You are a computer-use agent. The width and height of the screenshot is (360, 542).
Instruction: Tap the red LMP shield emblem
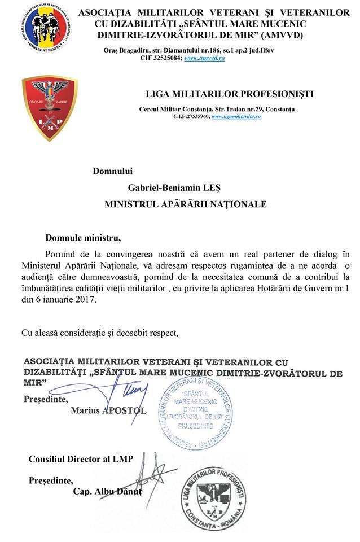49,108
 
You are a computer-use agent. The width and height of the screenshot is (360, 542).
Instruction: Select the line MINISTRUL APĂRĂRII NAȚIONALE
185,203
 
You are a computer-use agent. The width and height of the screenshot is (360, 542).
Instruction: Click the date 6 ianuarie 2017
65,300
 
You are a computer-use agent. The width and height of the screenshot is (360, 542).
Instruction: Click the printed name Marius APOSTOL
108,410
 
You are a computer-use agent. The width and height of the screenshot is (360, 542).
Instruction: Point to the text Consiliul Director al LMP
81,458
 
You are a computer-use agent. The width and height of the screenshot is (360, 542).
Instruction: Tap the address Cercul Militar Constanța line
216,108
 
